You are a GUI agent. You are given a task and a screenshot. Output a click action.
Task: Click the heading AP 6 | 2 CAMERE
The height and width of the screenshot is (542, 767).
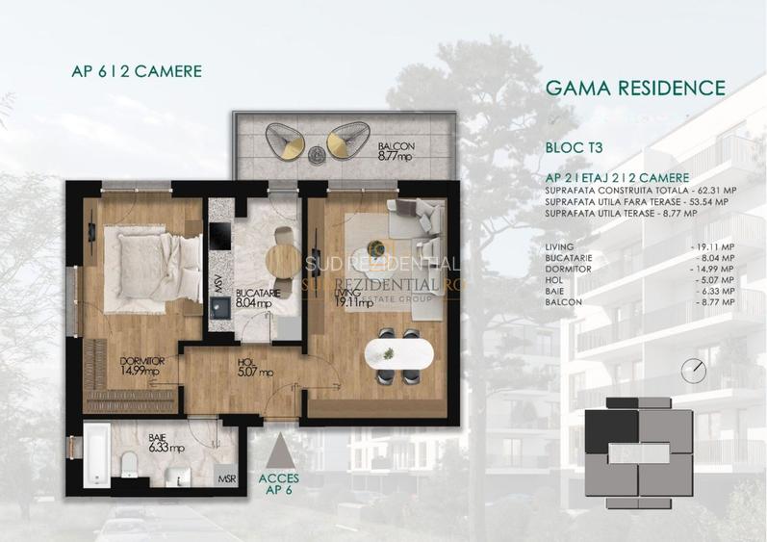(136, 70)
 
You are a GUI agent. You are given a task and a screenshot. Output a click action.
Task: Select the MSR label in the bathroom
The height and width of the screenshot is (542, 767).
(227, 478)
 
